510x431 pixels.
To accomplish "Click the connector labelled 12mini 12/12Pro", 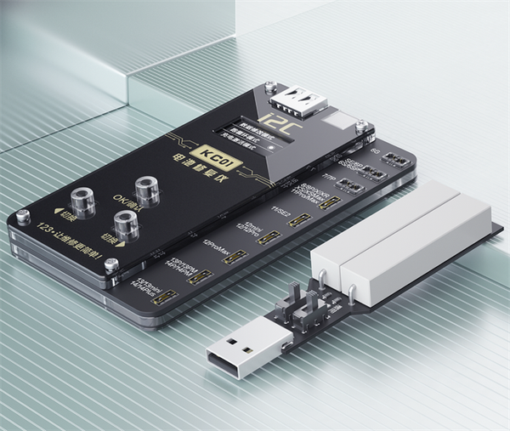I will click(271, 239).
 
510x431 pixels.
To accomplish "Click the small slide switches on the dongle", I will click(302, 310).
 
